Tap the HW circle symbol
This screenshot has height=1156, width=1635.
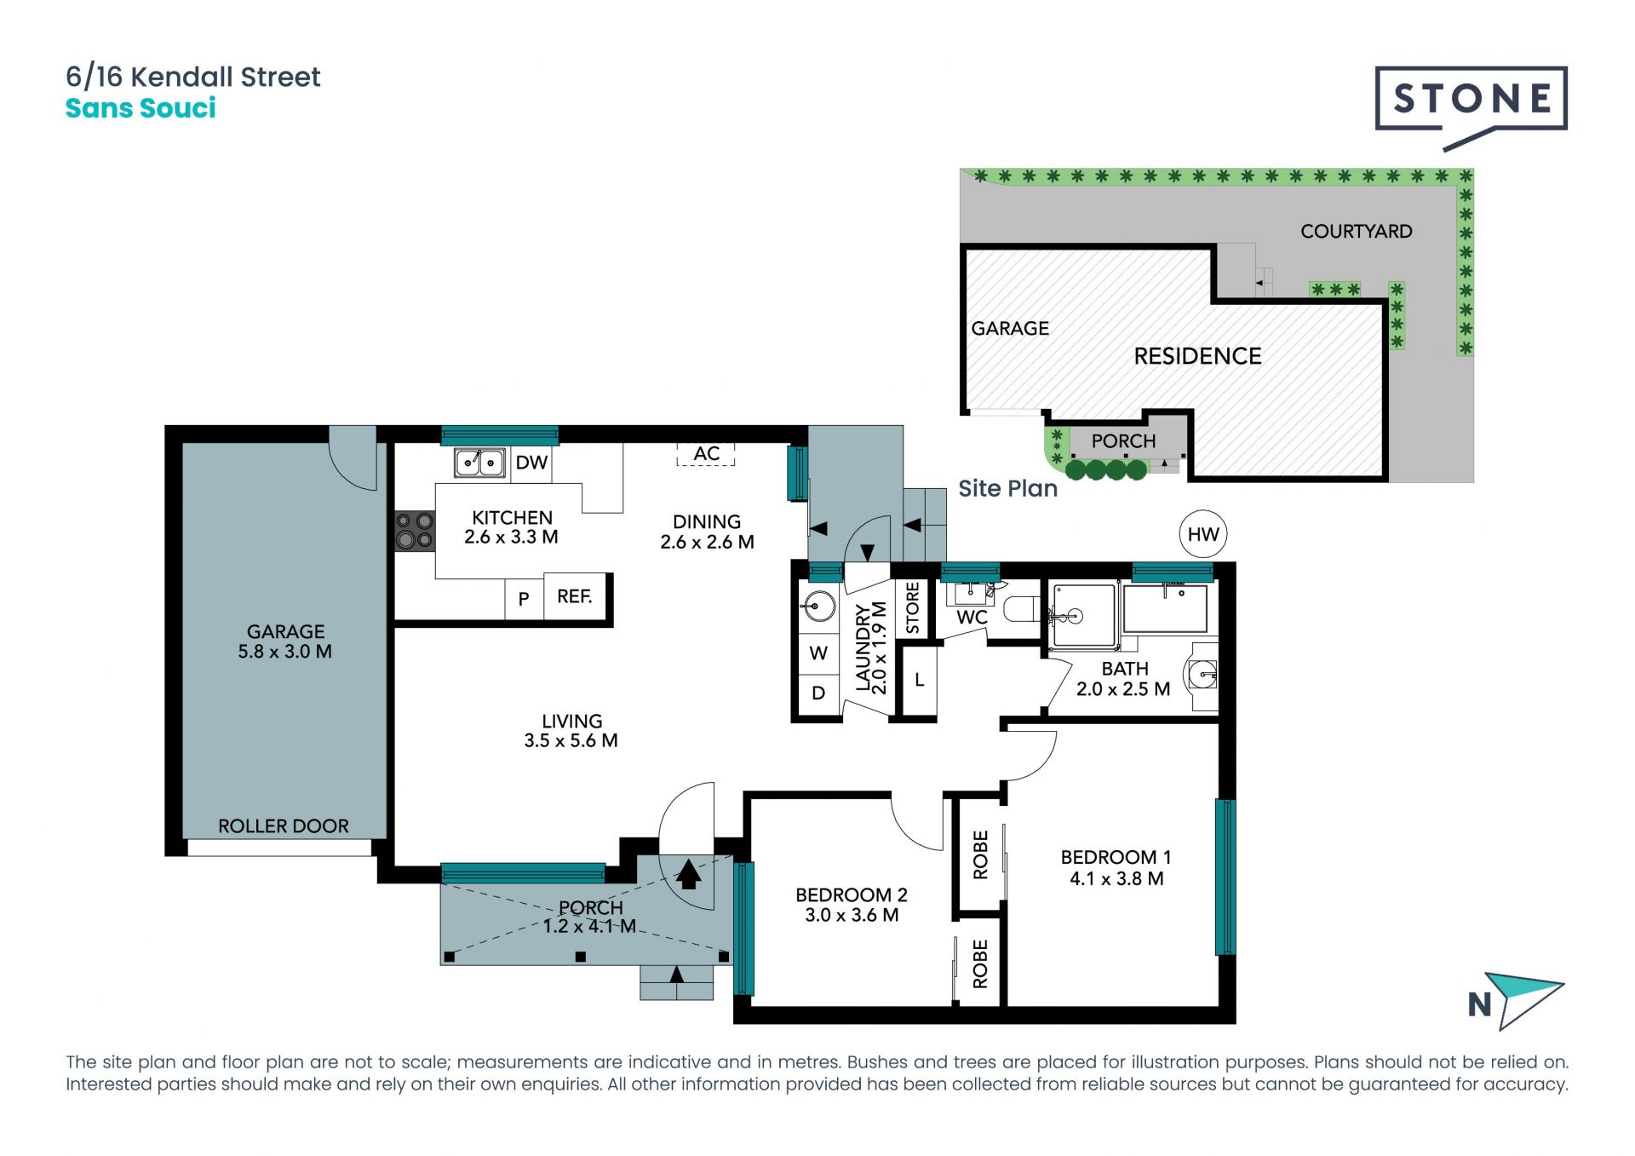coord(1203,534)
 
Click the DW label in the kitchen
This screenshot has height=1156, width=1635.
coord(531,463)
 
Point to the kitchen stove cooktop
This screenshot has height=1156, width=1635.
coord(415,531)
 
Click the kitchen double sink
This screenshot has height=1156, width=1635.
coord(479,463)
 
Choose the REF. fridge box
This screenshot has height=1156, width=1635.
coord(575,596)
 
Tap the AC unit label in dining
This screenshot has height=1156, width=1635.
coord(706,454)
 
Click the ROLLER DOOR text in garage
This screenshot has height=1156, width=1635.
coord(284,826)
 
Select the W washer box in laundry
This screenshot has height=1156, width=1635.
coord(818,653)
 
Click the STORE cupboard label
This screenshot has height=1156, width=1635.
coord(913,607)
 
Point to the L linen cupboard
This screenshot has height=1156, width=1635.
coord(919,681)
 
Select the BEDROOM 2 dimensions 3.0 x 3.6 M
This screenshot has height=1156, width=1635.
coord(852,916)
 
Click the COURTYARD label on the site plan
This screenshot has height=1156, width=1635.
coord(1357,232)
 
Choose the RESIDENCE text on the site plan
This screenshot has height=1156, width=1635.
coord(1197,356)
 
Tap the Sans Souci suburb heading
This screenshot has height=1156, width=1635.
coord(141,108)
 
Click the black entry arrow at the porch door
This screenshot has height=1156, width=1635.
coord(688,874)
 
